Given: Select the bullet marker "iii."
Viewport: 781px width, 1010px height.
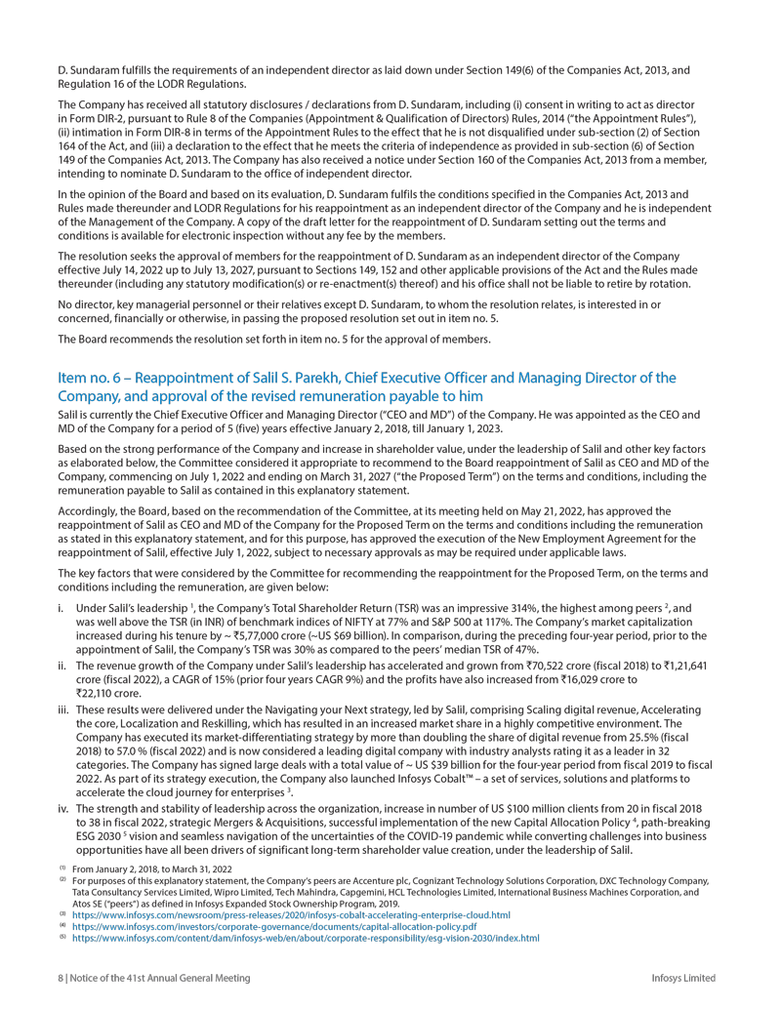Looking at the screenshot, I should [x=65, y=706].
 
